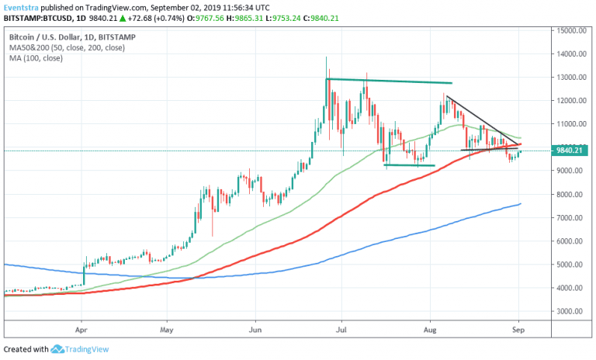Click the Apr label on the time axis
click(81, 329)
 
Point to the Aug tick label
click(431, 329)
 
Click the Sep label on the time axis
click(519, 329)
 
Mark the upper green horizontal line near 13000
click(388, 81)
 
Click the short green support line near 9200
click(409, 164)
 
